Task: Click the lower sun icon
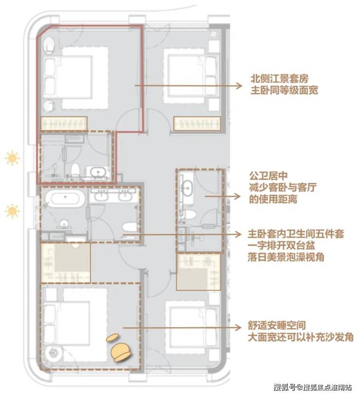(x=12, y=211)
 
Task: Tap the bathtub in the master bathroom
(x=65, y=200)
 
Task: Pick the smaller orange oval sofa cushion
(x=114, y=337)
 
